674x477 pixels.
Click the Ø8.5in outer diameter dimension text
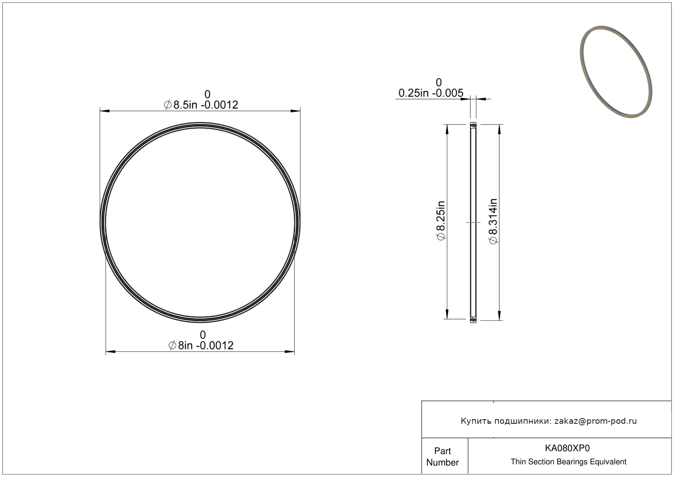point(201,105)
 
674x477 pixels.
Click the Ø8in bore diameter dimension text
point(201,346)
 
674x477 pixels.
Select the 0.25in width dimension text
point(431,93)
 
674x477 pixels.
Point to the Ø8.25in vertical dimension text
point(441,221)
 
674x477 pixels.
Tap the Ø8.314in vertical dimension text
point(493,221)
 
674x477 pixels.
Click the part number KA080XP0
point(567,448)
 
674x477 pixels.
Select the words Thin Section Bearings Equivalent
point(568,462)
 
